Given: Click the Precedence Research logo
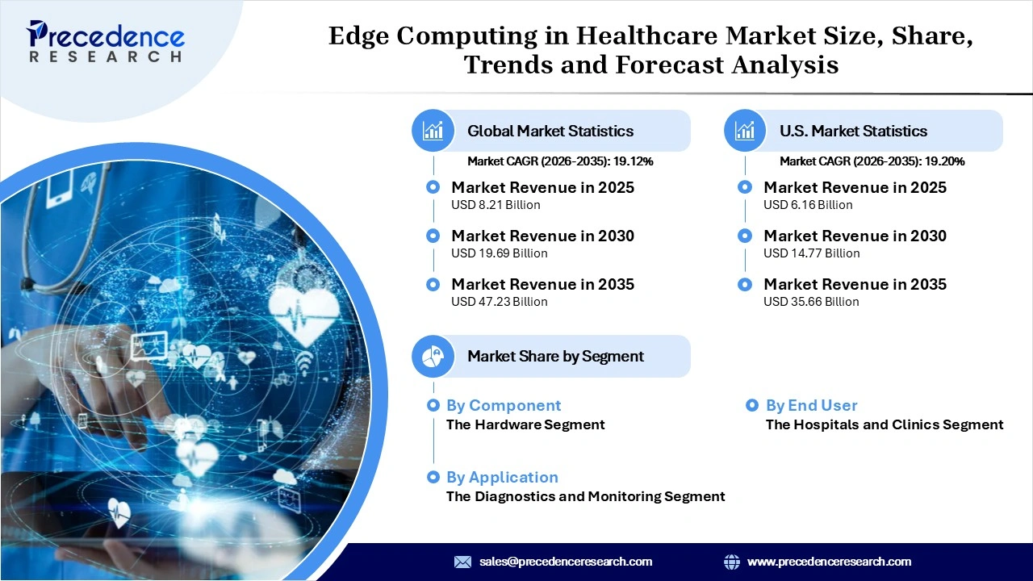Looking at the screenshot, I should click(x=106, y=42).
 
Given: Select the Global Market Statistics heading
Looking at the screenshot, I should click(x=550, y=131).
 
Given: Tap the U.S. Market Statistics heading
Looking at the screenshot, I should click(x=853, y=131).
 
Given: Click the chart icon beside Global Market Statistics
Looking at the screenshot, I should click(x=433, y=131).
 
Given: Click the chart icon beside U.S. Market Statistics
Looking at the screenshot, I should click(x=746, y=131).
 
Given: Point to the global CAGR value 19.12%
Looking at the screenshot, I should click(x=633, y=161).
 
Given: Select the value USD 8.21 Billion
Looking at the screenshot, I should click(x=496, y=205).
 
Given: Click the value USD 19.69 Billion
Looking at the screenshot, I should click(x=499, y=253).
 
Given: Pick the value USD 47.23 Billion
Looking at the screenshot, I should click(x=499, y=302).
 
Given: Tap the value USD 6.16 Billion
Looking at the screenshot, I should click(x=808, y=205).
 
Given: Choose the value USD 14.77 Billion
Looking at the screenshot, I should click(x=811, y=253).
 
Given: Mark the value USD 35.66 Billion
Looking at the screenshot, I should click(x=811, y=302).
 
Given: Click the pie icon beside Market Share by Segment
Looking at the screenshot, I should click(x=433, y=356).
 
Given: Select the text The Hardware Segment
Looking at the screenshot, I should click(x=525, y=424).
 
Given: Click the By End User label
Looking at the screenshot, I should click(x=811, y=405).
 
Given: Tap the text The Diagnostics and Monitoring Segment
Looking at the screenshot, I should click(x=585, y=496).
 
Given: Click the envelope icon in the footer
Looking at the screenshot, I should click(x=462, y=562).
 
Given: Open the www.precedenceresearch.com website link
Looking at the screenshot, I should click(x=829, y=562).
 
